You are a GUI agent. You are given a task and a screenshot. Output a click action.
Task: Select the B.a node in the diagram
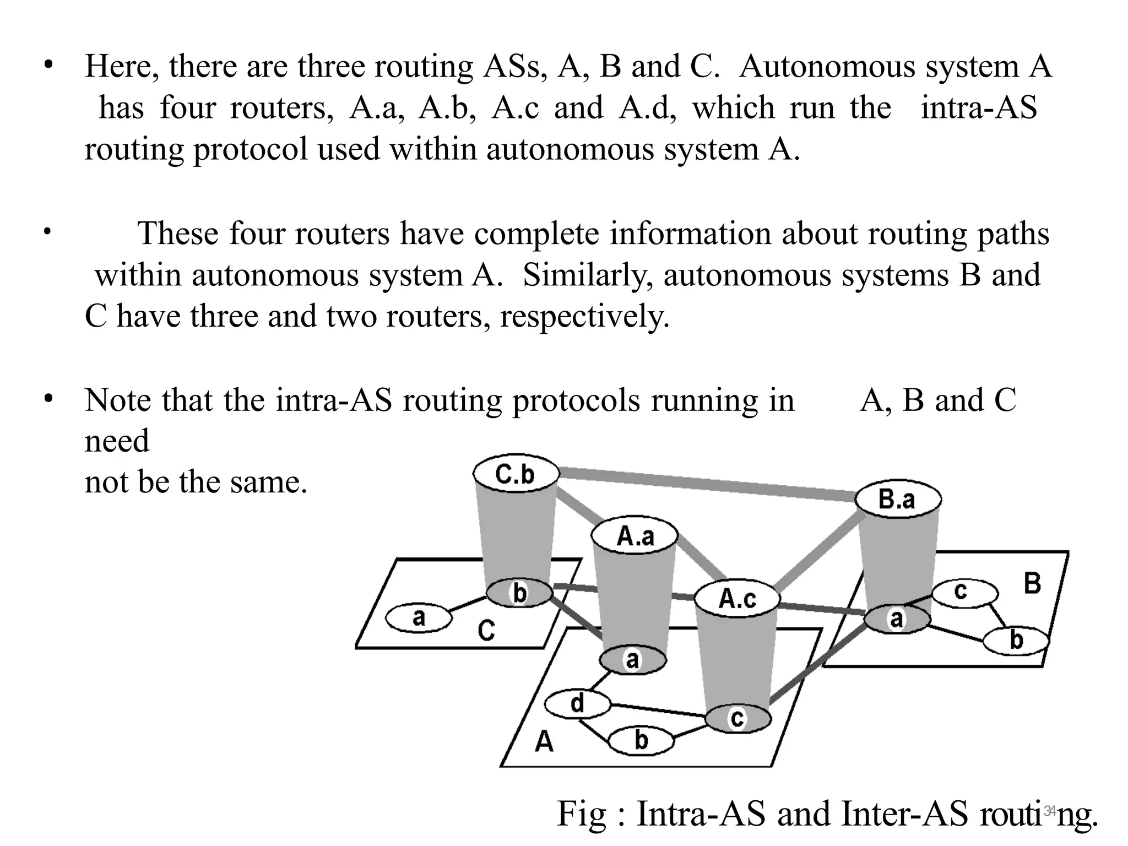[898, 500]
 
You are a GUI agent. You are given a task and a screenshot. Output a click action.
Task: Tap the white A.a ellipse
[634, 535]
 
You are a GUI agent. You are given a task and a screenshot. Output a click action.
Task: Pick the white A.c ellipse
[737, 599]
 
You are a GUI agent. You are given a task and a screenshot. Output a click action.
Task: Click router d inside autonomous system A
[577, 704]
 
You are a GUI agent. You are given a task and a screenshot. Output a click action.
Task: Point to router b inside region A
[641, 740]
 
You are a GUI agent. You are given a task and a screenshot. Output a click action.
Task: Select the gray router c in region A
[737, 718]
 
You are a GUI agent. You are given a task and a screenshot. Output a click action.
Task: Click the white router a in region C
[419, 618]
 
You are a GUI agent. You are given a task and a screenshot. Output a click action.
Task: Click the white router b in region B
[1016, 640]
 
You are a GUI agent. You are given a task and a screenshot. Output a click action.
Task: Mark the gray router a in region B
[897, 619]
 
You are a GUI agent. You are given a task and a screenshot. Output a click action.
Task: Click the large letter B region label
[1032, 584]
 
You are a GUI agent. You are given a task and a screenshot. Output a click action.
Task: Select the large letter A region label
[544, 742]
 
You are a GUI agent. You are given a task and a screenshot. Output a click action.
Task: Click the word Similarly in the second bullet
[584, 275]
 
